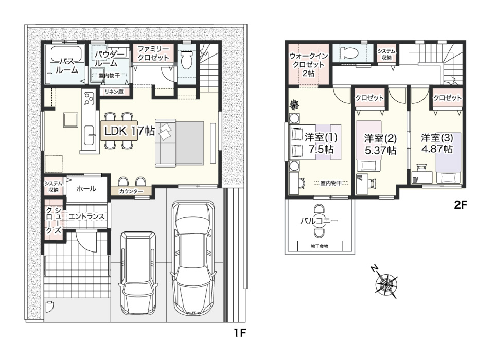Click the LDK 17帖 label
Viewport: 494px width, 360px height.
(129, 131)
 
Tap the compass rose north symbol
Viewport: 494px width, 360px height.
(385, 282)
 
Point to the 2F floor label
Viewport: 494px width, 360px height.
(460, 205)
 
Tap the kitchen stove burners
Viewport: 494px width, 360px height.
(89, 99)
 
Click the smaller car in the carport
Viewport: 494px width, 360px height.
(138, 273)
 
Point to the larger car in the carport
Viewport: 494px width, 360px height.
(193, 258)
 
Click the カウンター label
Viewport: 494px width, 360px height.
(131, 191)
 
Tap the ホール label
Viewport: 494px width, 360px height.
(86, 188)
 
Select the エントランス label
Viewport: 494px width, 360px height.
(86, 217)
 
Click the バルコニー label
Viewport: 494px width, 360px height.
(319, 221)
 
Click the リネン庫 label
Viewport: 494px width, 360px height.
(114, 92)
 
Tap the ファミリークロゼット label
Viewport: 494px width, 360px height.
(153, 53)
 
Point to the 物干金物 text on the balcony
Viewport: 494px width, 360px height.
(320, 246)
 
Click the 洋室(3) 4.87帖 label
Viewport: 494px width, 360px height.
(437, 143)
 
